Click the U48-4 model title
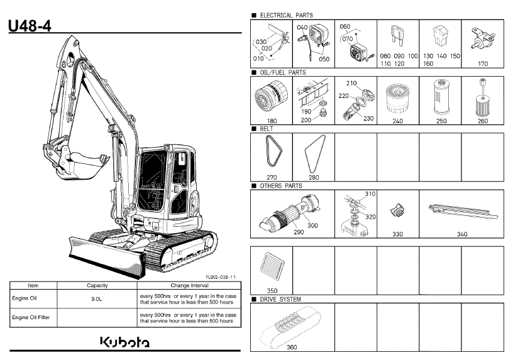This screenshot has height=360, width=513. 30,26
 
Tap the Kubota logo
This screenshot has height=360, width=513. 124,342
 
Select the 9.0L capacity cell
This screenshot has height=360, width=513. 97,299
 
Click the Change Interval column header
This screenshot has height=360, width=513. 189,285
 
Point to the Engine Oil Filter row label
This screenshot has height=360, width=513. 31,317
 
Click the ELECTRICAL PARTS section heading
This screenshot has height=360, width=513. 286,15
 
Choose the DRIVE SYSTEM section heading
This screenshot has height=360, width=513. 280,299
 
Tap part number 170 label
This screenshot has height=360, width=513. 483,63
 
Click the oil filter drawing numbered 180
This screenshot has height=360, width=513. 271,97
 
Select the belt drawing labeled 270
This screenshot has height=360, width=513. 273,151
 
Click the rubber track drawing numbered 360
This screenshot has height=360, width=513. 290,326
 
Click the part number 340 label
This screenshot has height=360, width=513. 462,234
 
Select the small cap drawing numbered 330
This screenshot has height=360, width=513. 397,210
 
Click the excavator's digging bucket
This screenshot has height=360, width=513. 84,166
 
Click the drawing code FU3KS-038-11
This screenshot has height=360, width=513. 221,277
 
